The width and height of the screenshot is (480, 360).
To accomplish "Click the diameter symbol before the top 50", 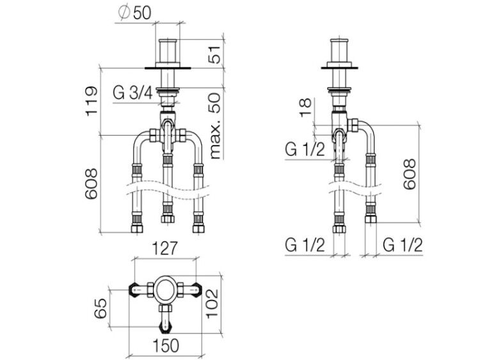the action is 124,13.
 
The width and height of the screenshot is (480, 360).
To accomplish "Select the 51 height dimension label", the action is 216,55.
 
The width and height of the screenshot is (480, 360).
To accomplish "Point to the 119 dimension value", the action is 92,101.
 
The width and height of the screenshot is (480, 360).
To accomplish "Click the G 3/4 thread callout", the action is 133,93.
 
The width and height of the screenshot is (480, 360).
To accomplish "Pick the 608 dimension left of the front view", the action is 92,184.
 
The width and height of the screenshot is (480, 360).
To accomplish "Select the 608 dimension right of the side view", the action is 410,174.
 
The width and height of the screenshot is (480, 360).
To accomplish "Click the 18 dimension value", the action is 306,107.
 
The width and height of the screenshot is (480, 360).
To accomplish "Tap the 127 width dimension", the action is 165,248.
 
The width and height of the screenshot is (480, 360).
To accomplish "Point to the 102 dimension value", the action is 212,304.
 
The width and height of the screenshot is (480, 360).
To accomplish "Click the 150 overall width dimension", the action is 166,346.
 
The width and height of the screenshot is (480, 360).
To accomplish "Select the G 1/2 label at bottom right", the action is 403,245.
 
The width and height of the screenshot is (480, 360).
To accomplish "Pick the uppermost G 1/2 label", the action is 305,150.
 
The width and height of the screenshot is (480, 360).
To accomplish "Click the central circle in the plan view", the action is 165,290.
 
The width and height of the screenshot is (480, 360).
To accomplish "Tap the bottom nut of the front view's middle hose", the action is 168,219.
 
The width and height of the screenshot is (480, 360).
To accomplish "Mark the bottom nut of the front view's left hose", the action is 137,229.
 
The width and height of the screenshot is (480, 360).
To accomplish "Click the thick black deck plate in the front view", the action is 168,68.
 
